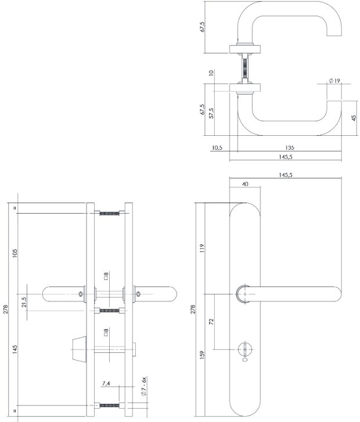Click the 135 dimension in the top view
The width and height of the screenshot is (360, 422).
click(x=289, y=147)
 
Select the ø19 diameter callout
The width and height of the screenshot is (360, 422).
click(x=334, y=81)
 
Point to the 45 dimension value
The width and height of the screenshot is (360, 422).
click(x=353, y=118)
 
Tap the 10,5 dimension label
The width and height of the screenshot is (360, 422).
click(x=217, y=147)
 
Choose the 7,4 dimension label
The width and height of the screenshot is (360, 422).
click(x=106, y=384)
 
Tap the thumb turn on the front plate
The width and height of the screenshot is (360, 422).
click(x=244, y=349)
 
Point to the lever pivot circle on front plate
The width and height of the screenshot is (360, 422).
click(x=244, y=294)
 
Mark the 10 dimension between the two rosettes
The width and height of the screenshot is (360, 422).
click(x=213, y=73)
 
